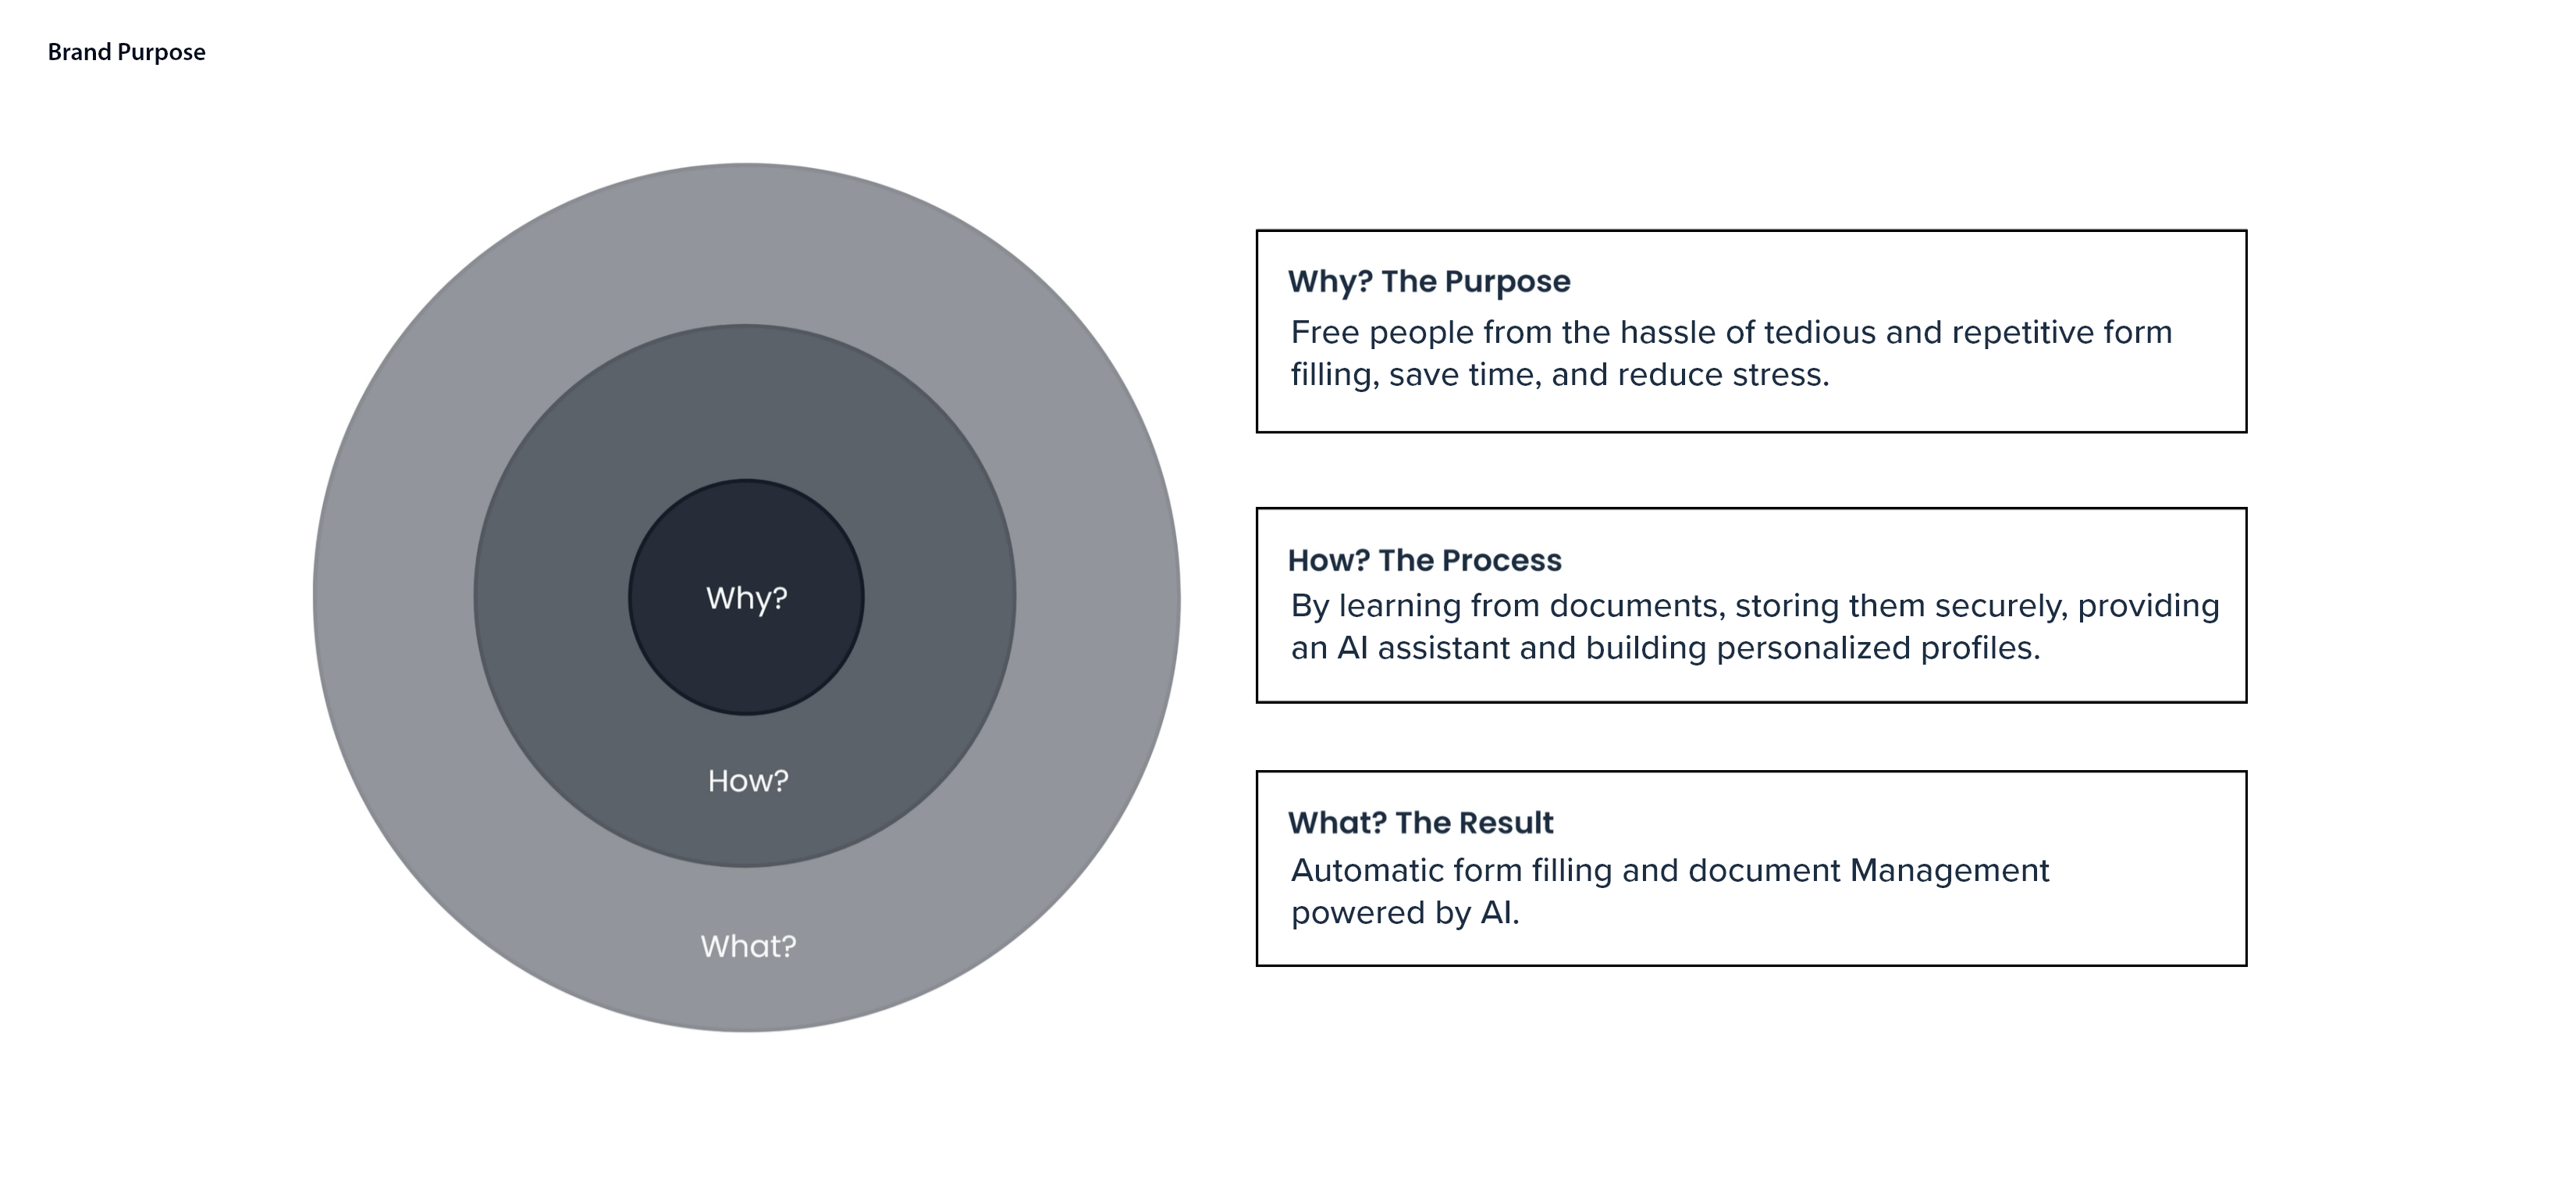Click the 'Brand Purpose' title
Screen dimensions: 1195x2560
(x=126, y=52)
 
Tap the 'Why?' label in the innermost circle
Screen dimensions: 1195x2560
(x=746, y=597)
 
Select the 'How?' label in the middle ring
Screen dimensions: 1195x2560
(x=748, y=780)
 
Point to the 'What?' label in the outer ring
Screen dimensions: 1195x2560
(x=748, y=946)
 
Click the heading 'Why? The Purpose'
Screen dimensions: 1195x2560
(x=1428, y=281)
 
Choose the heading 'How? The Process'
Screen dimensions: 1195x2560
(x=1424, y=560)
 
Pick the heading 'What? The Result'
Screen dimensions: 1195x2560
(x=1420, y=822)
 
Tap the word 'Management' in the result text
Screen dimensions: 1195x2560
(x=1949, y=871)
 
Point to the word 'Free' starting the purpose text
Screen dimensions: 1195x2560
(x=1324, y=332)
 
